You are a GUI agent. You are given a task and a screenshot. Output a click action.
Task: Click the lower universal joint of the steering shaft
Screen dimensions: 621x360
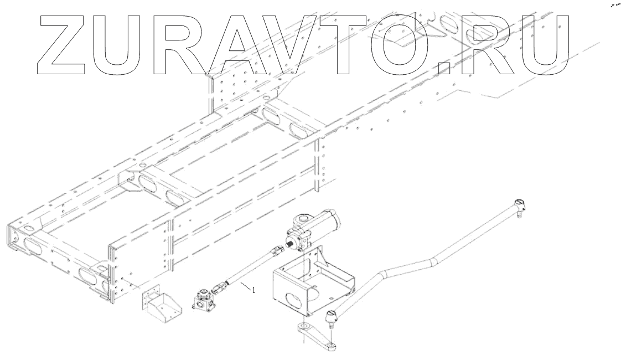(220, 287)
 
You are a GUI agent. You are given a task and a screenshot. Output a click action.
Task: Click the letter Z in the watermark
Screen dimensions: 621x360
(61, 44)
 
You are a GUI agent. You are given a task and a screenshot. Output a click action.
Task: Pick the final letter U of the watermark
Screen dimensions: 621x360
(545, 44)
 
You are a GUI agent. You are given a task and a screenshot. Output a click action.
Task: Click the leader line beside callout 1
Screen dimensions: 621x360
(244, 285)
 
